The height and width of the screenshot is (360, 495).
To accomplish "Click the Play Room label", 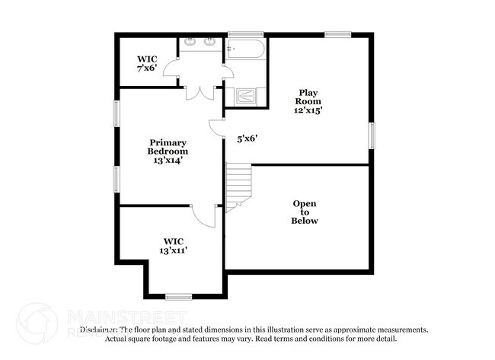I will (309, 96).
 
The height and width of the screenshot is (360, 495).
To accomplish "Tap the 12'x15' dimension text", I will (309, 110).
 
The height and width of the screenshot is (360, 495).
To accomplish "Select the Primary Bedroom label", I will (168, 147).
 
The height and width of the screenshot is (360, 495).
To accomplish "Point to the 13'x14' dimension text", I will (168, 160).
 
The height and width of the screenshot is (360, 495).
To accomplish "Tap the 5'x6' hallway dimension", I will (247, 139).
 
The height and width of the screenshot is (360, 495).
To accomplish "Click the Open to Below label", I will (305, 212).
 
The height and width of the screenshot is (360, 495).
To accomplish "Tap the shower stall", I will (247, 96).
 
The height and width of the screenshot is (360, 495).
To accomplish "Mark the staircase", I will (238, 186).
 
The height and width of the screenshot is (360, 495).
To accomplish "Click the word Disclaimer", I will (99, 330).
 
